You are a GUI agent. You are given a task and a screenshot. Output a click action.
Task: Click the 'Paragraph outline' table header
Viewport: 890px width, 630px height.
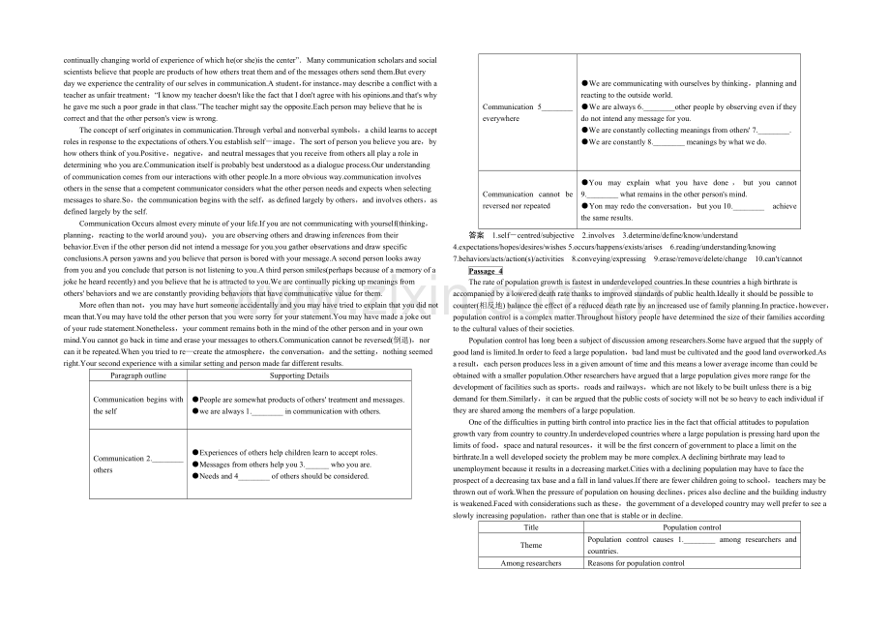[137, 375]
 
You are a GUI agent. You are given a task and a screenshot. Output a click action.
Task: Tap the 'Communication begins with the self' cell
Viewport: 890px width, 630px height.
[137, 405]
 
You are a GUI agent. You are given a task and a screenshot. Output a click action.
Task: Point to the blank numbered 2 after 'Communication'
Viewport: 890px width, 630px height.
[167, 458]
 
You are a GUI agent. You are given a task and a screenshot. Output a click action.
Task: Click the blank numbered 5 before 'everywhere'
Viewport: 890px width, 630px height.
[556, 107]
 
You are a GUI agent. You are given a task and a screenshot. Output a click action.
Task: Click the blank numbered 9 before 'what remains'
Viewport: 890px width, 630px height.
[602, 195]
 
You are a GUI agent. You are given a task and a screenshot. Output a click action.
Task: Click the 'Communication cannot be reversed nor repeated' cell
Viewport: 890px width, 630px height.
[527, 199]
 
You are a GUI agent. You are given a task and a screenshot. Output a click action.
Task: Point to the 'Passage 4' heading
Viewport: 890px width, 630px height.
[486, 272]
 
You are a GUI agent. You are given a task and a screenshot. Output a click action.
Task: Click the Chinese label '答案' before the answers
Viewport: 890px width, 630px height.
[475, 235]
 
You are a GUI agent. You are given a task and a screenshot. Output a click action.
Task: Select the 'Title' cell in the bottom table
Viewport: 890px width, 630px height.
[531, 527]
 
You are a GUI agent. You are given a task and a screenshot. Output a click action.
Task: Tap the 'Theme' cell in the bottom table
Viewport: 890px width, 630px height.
[531, 545]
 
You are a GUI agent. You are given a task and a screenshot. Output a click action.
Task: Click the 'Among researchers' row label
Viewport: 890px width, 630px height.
[531, 562]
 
